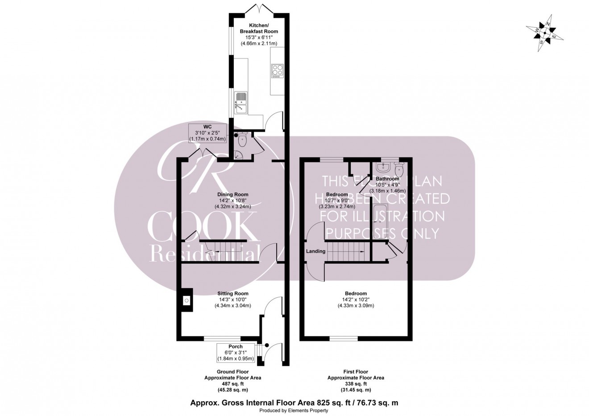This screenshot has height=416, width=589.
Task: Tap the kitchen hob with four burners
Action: coord(277,71)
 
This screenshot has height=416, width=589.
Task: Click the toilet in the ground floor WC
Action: coord(242,140)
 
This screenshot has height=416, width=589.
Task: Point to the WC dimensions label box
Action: coord(207,133)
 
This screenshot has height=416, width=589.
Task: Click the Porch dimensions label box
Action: coord(236,353)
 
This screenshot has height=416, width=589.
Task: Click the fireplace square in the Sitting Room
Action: coord(186,301)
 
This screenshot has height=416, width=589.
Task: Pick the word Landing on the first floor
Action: coord(315,251)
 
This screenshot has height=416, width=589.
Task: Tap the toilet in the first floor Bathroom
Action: coord(399,170)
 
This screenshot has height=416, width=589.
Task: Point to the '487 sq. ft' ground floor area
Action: coord(232,383)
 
